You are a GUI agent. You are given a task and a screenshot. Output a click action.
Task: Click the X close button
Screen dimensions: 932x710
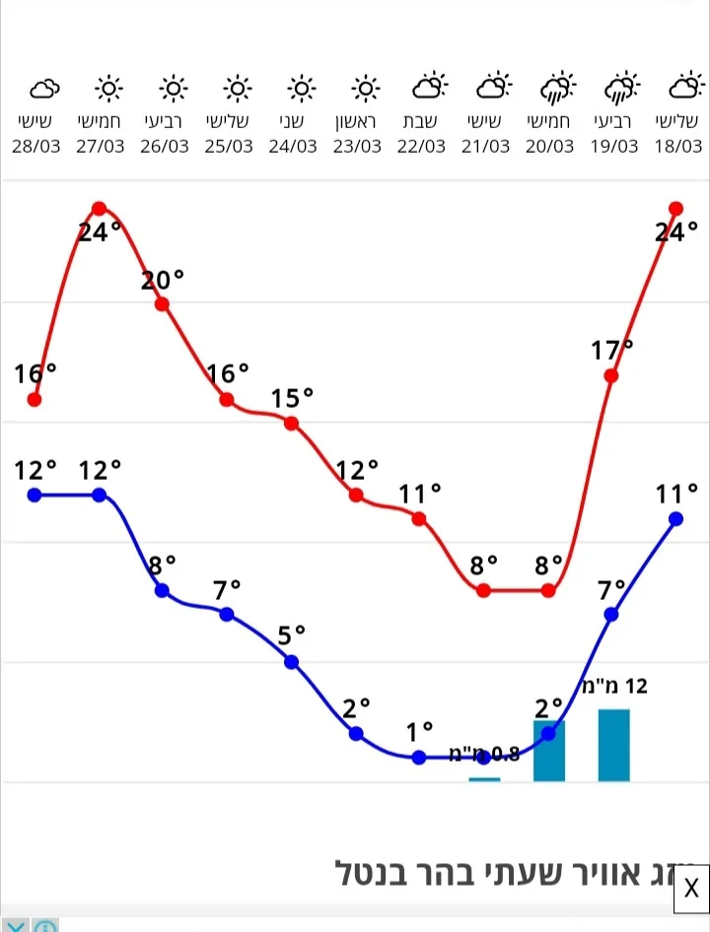click(691, 888)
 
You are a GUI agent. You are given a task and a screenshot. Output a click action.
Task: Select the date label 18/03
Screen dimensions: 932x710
click(676, 146)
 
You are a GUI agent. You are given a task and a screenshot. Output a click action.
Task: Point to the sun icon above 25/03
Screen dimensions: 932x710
click(237, 90)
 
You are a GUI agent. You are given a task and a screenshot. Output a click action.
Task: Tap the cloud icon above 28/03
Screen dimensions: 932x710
click(43, 91)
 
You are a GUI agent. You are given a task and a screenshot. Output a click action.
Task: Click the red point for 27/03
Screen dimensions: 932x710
click(100, 208)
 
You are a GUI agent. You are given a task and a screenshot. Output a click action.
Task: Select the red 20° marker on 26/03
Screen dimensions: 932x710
click(163, 303)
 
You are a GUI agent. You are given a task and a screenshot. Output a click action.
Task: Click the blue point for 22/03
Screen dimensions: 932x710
click(419, 757)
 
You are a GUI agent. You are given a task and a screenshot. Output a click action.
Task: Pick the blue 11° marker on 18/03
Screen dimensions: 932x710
click(676, 518)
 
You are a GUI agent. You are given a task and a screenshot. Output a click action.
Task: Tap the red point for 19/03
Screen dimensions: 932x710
click(611, 375)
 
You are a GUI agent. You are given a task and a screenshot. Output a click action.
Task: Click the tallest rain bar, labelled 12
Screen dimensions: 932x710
click(613, 745)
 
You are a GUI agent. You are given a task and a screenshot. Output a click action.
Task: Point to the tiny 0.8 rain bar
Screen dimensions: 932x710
click(484, 779)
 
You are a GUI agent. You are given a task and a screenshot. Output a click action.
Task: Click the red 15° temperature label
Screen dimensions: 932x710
click(292, 399)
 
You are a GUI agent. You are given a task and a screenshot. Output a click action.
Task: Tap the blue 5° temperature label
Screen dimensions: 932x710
click(291, 635)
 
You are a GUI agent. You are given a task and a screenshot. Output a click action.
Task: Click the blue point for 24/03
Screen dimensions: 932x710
click(292, 661)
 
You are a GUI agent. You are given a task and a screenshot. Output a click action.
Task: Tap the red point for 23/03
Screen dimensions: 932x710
click(356, 495)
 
